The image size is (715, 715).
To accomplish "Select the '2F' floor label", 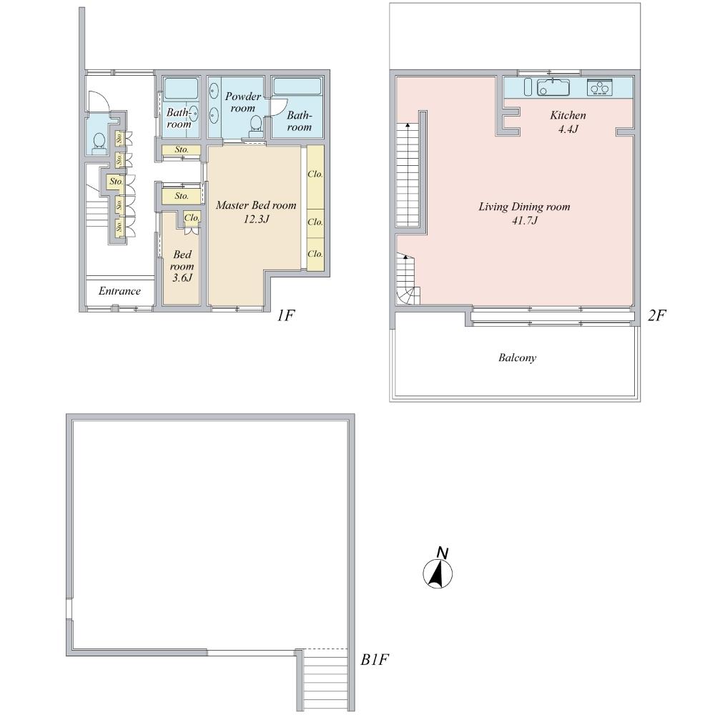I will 656,315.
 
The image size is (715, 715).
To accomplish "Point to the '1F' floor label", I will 285,315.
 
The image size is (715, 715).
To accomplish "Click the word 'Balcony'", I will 517,357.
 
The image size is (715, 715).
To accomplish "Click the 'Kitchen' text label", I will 568,115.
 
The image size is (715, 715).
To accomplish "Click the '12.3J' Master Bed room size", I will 255,218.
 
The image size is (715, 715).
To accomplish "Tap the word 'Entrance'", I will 119,291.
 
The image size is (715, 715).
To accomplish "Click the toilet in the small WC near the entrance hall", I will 99,139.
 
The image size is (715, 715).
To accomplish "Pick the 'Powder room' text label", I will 243,102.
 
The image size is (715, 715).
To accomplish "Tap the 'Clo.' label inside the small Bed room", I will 192,217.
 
